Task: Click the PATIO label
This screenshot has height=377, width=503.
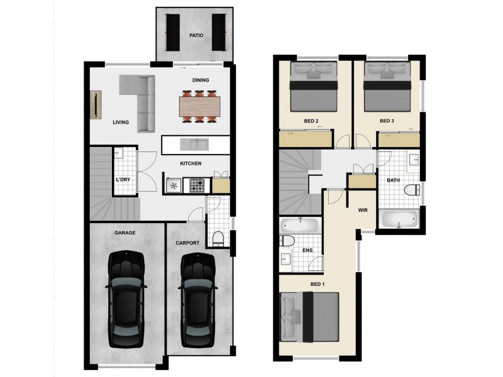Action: (x=196, y=36)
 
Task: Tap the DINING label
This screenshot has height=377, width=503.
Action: (x=201, y=80)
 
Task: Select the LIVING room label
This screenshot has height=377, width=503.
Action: (x=121, y=123)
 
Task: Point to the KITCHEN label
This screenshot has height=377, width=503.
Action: (x=191, y=163)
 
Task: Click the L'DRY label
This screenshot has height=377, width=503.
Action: (x=123, y=180)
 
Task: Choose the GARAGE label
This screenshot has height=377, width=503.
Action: (x=124, y=232)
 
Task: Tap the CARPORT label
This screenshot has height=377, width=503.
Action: (x=187, y=243)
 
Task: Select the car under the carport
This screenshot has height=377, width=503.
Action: (x=198, y=300)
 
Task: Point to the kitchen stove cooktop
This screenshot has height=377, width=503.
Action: (x=196, y=185)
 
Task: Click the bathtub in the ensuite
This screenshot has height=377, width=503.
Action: (x=301, y=224)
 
